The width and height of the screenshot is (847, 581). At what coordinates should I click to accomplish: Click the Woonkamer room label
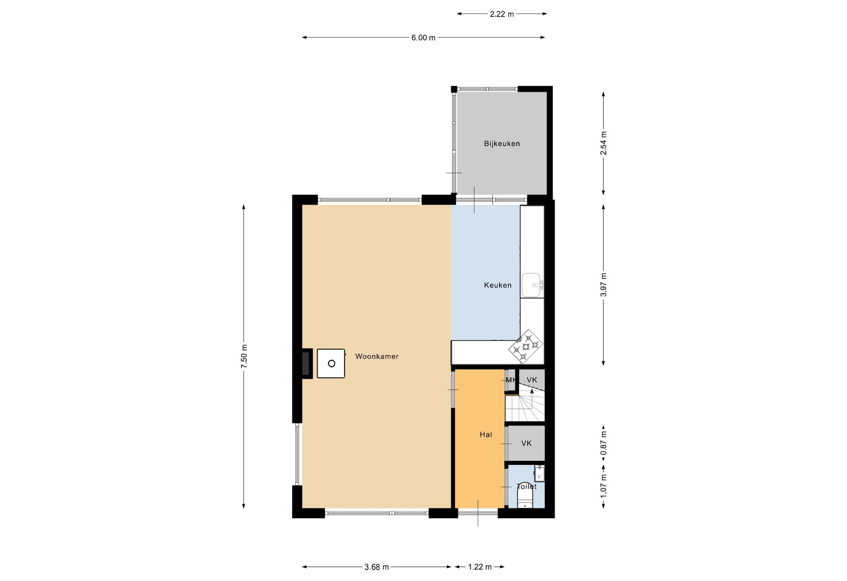pos(377,356)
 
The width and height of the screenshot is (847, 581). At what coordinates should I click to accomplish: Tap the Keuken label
pos(498,285)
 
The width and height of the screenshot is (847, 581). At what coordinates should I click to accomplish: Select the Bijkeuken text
pos(502,144)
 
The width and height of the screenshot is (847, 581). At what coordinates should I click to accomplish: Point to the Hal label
pos(486,435)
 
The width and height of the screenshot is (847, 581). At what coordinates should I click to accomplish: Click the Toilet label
pos(526,487)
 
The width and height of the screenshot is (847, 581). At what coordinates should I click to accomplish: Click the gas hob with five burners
pos(526,346)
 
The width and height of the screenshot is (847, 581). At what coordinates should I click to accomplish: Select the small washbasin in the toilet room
pos(539,474)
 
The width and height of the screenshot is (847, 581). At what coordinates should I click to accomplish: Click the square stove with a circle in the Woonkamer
pos(331,363)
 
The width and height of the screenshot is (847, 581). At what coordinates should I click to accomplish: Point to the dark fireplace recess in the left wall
pos(306,363)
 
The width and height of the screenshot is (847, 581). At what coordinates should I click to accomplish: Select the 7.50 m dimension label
pos(244,356)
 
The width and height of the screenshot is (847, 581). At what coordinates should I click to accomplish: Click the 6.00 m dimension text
pos(423,38)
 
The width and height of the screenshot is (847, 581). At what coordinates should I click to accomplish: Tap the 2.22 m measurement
pos(502,14)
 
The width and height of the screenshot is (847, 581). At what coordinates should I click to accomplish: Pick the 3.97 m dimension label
pos(603,285)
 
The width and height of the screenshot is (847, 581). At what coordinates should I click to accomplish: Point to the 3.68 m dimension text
pos(376,567)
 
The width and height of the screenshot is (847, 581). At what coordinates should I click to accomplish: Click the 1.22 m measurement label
pos(480,567)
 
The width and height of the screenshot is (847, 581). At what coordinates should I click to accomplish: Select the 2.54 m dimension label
pos(603,143)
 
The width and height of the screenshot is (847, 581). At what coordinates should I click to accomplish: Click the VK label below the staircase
pos(526,444)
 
